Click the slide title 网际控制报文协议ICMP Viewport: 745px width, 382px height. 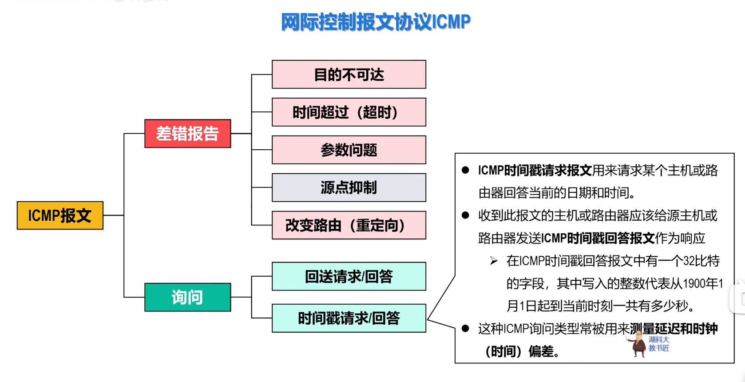tap(376, 22)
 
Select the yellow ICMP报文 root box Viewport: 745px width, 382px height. tap(60, 215)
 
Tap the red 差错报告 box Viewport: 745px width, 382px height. tap(187, 133)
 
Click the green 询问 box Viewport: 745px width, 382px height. tap(187, 297)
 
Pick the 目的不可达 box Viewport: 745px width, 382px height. tap(349, 75)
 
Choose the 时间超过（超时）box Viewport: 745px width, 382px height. tap(349, 112)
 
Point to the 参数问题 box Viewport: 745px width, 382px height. tap(349, 150)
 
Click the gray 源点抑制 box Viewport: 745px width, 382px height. tap(349, 187)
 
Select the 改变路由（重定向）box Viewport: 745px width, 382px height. tap(349, 225)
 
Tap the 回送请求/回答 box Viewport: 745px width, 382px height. tap(349, 276)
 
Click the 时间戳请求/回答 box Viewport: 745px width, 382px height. tap(349, 318)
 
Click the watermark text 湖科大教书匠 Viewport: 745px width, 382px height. tap(659, 344)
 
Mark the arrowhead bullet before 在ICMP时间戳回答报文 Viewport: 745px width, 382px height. tap(494, 261)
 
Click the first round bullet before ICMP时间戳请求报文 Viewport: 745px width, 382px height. tap(465, 170)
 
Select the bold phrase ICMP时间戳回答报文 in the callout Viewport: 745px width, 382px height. tap(598, 238)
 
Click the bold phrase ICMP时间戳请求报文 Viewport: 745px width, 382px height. tap(535, 170)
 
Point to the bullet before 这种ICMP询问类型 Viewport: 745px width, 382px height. tap(465, 329)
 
